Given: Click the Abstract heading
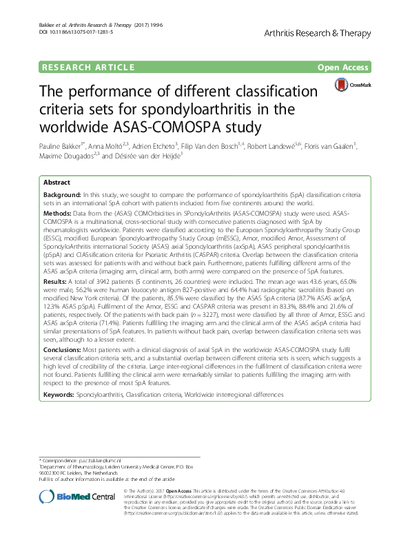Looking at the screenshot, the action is (x=57, y=183).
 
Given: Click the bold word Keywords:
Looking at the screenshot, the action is (x=59, y=395).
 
